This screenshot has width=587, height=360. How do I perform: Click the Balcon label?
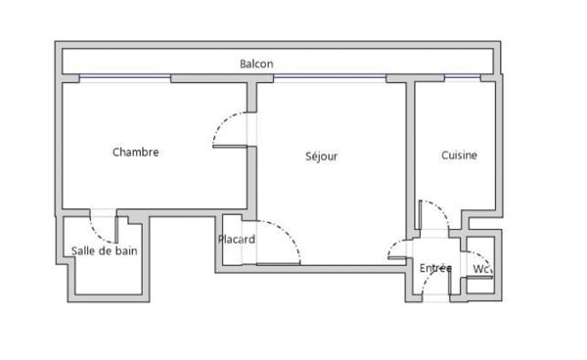pos(256,64)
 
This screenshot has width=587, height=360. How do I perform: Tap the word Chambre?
pos(136,152)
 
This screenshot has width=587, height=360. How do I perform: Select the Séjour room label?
pos(321,157)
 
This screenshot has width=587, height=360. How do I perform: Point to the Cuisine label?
pos(459,156)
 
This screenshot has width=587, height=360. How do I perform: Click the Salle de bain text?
pos(104,250)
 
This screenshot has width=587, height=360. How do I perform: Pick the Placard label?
pos(237,239)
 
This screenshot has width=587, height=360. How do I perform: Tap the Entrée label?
pos(435,268)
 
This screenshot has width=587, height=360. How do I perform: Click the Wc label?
pos(481,269)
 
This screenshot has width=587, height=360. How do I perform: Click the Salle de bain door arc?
pos(98,236)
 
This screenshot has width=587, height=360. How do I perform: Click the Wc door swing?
pos(483,258)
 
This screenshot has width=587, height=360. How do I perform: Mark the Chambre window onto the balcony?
pos(125,76)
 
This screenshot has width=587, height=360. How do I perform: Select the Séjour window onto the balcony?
pos(330,76)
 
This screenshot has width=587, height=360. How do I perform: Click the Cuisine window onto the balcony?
pos(463,76)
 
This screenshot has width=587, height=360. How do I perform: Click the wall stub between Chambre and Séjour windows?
pos(222,78)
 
